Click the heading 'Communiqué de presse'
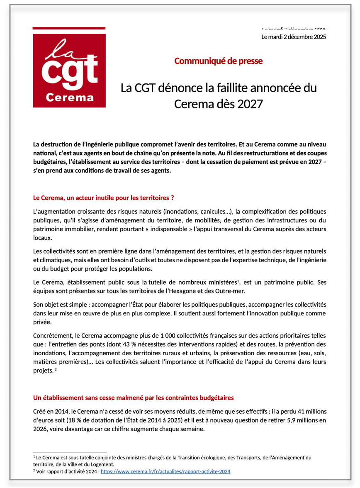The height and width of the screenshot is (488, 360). (218, 61)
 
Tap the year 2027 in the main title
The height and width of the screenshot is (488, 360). (250, 104)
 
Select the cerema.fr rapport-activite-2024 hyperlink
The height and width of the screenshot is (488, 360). (165, 471)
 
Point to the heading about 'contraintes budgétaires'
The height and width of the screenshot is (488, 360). (133, 398)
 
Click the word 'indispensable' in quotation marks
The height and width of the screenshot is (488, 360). (160, 229)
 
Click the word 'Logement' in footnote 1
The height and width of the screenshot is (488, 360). (102, 464)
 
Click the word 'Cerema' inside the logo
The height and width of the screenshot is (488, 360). (69, 98)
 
